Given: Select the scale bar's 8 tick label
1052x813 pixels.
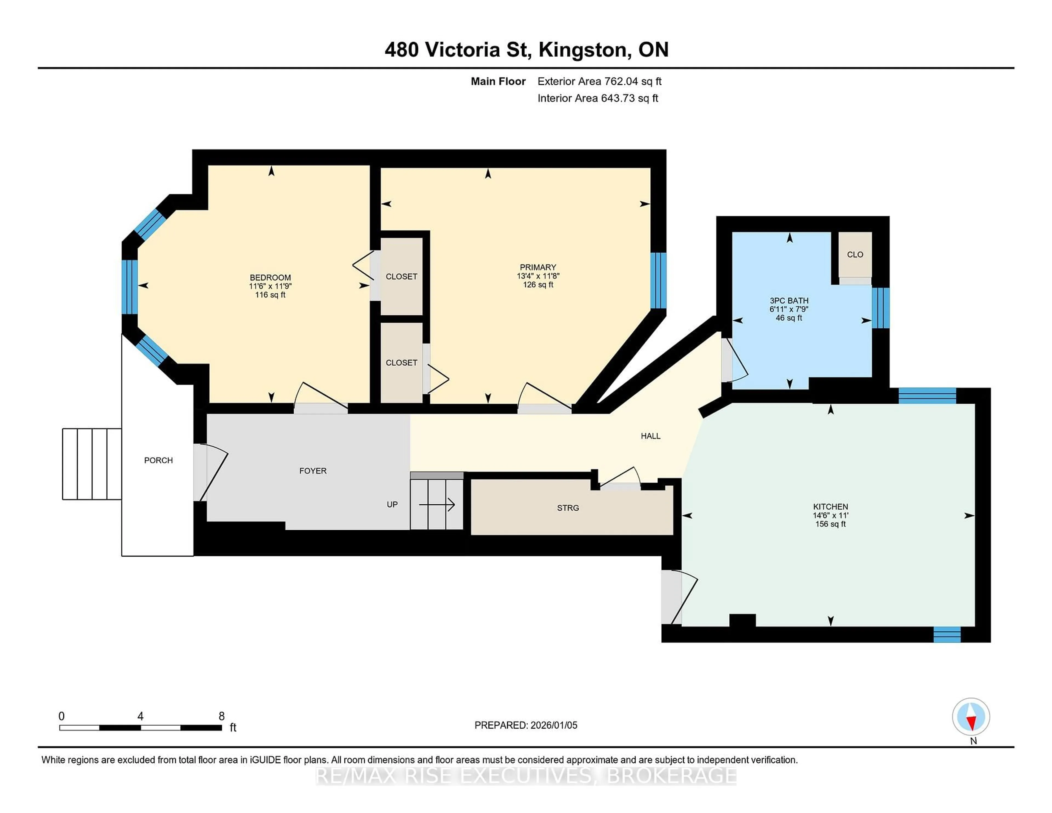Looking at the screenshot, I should click(222, 716).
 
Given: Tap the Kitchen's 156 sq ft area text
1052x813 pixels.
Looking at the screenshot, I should click(830, 524).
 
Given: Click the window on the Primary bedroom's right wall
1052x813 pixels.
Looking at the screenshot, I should click(658, 280).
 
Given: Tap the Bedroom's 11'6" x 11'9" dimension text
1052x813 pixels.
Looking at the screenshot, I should click(270, 286).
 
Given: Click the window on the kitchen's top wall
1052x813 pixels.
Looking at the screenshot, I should click(927, 396).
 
